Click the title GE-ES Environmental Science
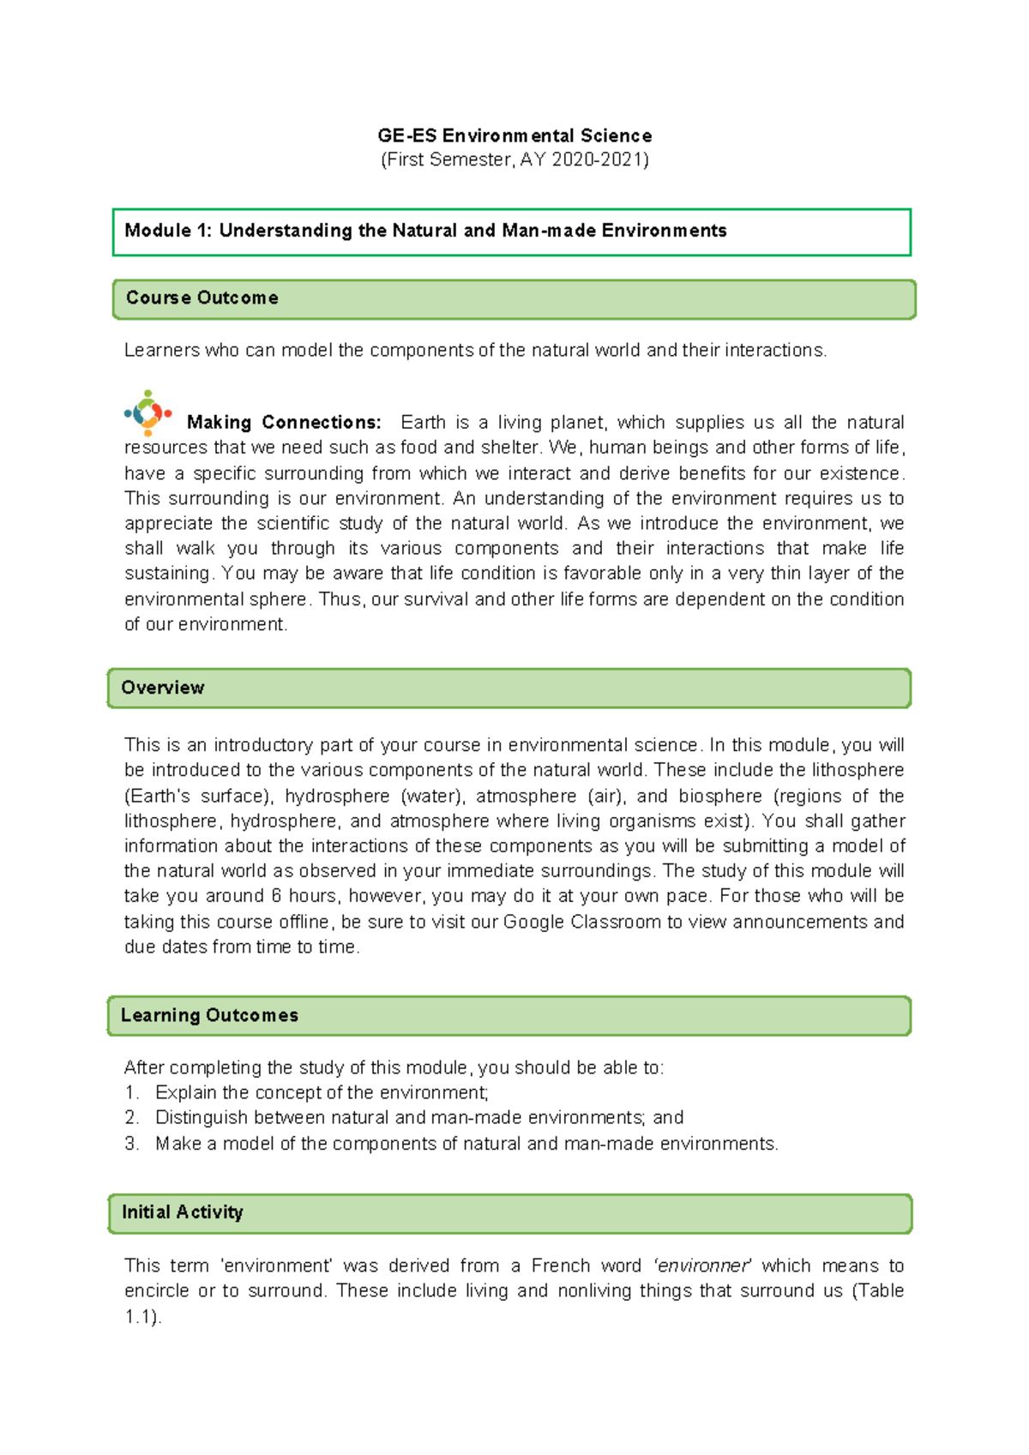(x=514, y=135)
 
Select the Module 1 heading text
(x=425, y=231)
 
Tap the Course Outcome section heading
(x=202, y=298)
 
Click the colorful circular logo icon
(x=147, y=412)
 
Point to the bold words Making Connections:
(x=284, y=422)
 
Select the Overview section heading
(x=162, y=688)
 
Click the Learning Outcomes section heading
(x=209, y=1015)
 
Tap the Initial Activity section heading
(x=182, y=1212)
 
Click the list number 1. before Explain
(x=131, y=1093)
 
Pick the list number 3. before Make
(x=131, y=1144)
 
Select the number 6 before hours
(x=276, y=896)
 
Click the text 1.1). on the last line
(x=142, y=1317)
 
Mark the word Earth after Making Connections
(x=423, y=422)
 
